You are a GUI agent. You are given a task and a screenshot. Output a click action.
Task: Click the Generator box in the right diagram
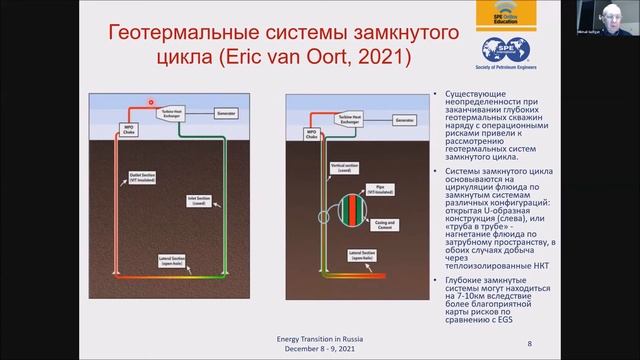pos(403,120)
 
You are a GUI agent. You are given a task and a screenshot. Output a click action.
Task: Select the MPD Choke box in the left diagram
pos(128,129)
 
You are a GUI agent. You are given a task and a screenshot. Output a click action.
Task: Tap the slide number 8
pos(529,343)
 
